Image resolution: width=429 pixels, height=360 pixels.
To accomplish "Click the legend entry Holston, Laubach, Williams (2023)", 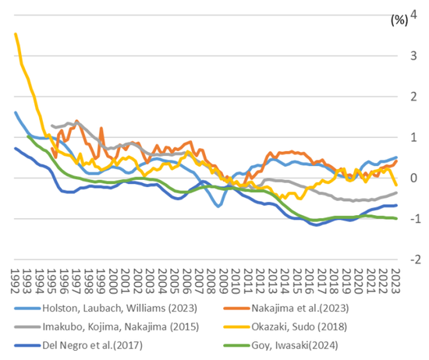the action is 106,308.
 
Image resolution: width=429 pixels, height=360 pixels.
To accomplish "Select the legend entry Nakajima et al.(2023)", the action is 286,308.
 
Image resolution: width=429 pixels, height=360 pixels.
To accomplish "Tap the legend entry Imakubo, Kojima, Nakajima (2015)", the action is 107,326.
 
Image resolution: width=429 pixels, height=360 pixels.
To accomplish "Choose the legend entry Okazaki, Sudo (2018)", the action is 285,326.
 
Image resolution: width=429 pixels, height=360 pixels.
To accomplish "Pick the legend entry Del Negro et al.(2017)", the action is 79,345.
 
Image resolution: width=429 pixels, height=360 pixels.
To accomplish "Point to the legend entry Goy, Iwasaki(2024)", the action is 281,345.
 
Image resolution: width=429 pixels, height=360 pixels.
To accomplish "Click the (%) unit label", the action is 399,20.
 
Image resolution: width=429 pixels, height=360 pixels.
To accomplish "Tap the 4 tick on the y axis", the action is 413,15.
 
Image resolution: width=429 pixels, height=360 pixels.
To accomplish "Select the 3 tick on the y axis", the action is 413,56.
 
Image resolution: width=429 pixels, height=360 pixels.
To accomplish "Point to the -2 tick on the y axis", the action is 415,259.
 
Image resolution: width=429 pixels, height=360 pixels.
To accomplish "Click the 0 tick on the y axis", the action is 413,178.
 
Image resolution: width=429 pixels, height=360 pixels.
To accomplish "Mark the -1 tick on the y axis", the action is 415,219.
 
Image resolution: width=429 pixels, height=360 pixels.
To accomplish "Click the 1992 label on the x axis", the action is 16,281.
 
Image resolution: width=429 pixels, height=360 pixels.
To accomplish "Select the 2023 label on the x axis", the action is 395,281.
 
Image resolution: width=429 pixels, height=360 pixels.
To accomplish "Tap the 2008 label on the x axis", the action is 211,281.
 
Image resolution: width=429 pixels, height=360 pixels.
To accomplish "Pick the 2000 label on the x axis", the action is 113,281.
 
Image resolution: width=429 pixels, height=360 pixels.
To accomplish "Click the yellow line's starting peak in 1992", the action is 16,34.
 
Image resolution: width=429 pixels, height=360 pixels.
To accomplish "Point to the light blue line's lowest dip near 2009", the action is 218,206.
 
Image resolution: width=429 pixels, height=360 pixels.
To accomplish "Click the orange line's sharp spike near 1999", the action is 101,128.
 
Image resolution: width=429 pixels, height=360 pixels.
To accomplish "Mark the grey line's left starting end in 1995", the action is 52,125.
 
